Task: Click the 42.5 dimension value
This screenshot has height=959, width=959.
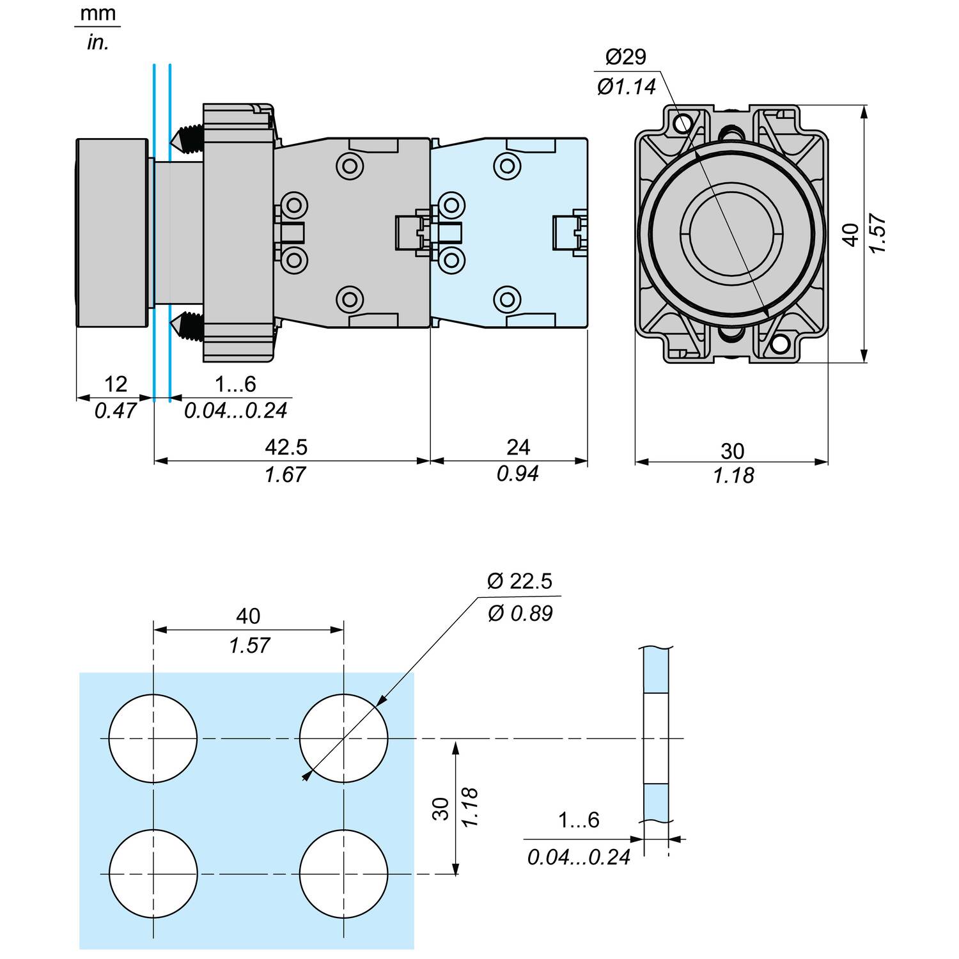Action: click(x=286, y=447)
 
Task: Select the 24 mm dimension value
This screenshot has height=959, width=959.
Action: click(x=518, y=447)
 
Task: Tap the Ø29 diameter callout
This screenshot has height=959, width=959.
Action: click(x=625, y=58)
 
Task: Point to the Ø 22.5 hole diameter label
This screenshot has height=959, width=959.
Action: click(x=519, y=581)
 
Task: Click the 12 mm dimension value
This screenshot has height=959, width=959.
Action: click(x=115, y=384)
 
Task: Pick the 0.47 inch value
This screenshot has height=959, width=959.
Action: click(x=115, y=410)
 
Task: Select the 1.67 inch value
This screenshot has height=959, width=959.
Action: click(x=285, y=474)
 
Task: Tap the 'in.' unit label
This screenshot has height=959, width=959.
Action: click(x=98, y=43)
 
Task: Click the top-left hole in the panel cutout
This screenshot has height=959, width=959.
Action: click(x=153, y=738)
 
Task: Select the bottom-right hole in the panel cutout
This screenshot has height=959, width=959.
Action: click(x=344, y=873)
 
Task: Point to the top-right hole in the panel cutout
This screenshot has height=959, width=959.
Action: click(x=344, y=738)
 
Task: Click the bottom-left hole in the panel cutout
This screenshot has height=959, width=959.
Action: click(x=153, y=873)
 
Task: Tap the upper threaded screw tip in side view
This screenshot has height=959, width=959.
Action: click(x=186, y=137)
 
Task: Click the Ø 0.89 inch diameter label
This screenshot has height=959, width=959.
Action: click(x=520, y=614)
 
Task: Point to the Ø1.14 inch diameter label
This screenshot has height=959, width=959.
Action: click(x=627, y=87)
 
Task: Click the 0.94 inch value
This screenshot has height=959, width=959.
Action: click(x=518, y=474)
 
